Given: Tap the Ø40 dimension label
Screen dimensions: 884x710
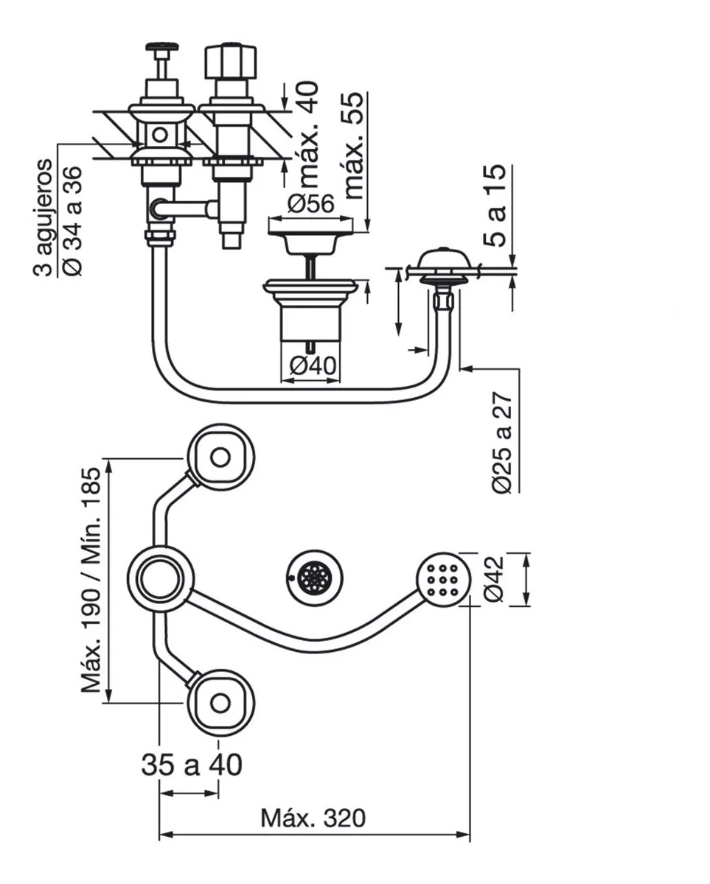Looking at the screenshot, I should pos(311,365).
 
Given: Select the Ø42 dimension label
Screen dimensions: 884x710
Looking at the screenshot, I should pos(494,578).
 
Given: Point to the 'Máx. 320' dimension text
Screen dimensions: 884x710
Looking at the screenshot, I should pos(313,818).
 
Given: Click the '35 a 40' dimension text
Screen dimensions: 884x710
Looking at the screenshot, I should pos(191,765).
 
